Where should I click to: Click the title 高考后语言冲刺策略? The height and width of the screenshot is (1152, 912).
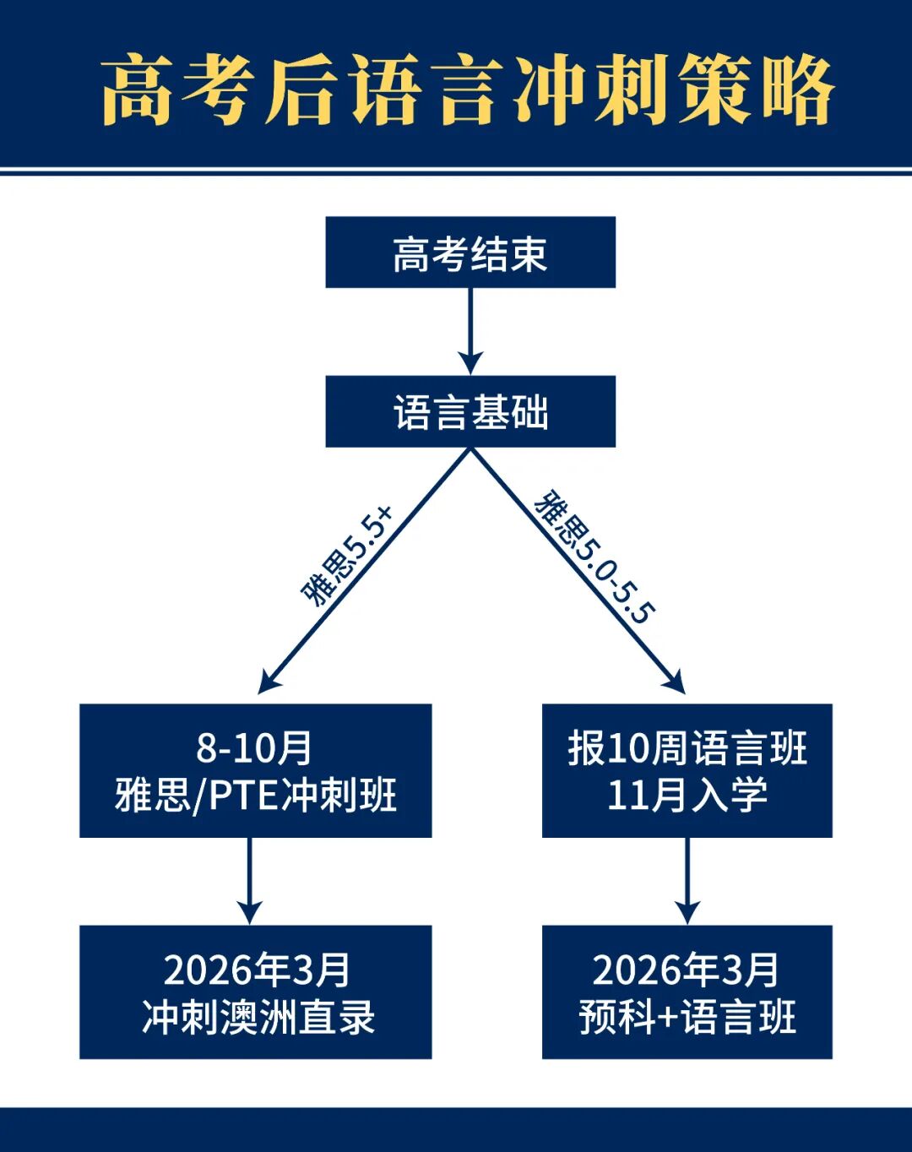pos(468,89)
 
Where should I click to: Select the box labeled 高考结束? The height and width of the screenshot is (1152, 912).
pos(470,253)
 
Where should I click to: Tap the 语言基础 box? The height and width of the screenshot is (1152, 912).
pos(470,412)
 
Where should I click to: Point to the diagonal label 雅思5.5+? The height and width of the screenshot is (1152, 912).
pos(347,556)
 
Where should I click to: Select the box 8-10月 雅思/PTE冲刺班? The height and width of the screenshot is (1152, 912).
pos(255,770)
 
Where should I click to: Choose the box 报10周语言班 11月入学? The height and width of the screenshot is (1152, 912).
pos(687,770)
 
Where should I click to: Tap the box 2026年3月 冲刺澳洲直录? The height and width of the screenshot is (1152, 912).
pos(255,992)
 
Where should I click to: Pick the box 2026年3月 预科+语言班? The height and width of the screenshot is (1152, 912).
pos(687,992)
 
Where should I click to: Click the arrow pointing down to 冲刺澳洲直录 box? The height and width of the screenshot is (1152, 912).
pos(249,882)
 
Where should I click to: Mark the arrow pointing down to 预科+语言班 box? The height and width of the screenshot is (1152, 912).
pos(687,882)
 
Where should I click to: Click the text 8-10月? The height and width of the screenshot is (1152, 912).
pos(254,747)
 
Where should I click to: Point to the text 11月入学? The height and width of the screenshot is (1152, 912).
pos(687,795)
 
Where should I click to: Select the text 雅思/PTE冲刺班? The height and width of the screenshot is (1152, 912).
pos(255,795)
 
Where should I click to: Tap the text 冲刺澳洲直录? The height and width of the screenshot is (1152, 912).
pos(258,1017)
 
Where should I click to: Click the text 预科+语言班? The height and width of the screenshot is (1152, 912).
pos(687,1017)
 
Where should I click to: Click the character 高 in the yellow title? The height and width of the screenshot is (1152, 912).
pos(138,90)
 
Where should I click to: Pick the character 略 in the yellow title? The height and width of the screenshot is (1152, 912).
pos(797,90)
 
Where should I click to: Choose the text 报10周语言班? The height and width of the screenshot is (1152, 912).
pos(687,747)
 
